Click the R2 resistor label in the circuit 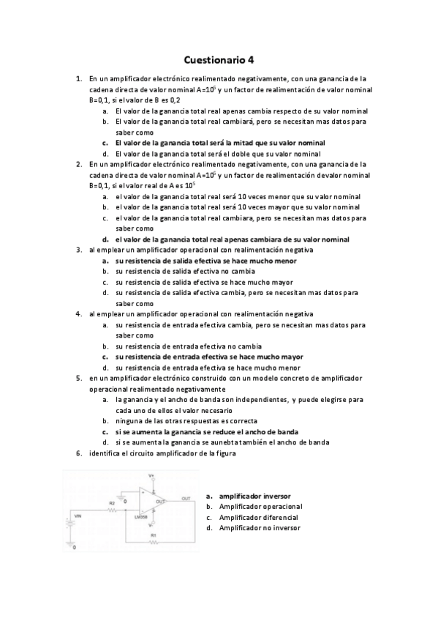(x=112, y=504)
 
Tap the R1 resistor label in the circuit (x=153, y=536)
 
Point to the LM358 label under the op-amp (x=152, y=518)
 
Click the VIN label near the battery (x=79, y=516)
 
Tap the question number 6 (x=78, y=453)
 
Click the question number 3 (x=78, y=250)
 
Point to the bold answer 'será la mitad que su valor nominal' (x=220, y=143)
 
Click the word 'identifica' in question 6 (x=102, y=453)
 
